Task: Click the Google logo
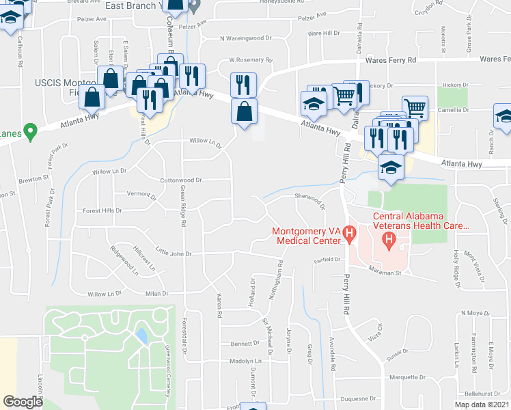click(23, 402)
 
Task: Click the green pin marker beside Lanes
click(29, 129)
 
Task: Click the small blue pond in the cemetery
click(141, 336)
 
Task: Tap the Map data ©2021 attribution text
click(481, 405)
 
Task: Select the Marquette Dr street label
click(399, 377)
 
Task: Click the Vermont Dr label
click(141, 195)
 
